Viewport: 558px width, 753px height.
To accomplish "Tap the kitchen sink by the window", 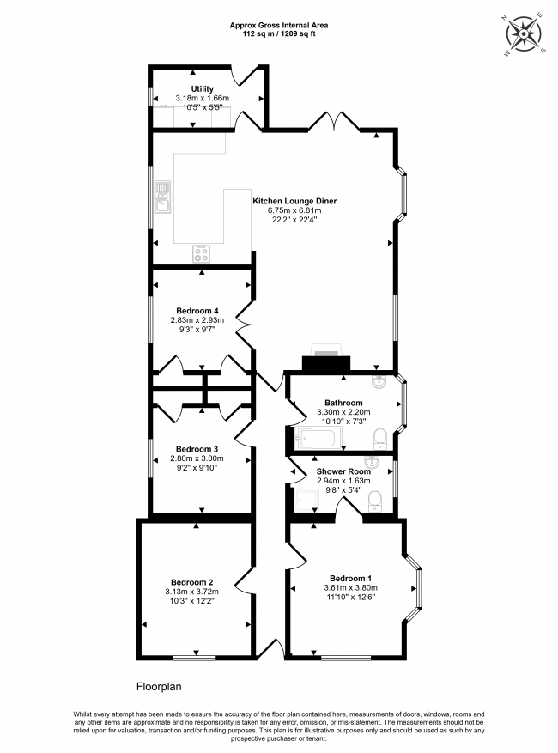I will (161, 203).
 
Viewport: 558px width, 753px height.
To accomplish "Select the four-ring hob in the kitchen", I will (202, 253).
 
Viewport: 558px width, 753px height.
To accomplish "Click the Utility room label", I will (202, 88).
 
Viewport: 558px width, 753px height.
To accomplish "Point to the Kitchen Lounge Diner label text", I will (294, 201).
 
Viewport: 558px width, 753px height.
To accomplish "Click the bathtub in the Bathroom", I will (318, 440).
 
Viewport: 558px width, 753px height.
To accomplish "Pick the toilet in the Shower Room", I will (375, 501).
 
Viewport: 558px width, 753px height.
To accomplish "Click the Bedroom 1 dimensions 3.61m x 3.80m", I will (349, 587).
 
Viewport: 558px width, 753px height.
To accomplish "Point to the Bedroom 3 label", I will (197, 449).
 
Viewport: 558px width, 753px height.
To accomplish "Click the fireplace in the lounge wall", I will (326, 361).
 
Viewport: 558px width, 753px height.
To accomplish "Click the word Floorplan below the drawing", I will (159, 687).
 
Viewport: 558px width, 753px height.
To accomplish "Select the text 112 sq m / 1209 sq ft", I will (278, 34).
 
